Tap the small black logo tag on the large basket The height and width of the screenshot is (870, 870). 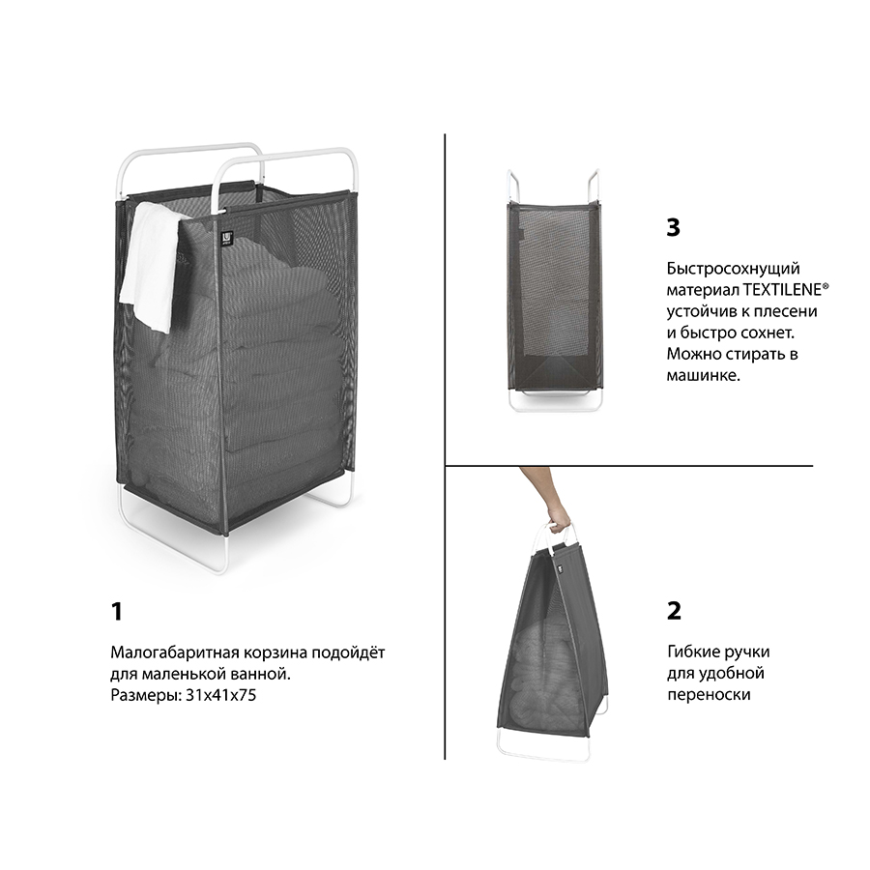[227, 238]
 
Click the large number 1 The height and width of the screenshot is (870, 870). [117, 612]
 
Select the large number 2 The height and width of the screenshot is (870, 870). [674, 611]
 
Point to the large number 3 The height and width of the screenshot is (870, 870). [673, 227]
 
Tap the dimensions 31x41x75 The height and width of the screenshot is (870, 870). [220, 695]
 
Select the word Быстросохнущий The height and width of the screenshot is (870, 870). [733, 269]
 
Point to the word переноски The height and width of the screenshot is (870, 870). [709, 695]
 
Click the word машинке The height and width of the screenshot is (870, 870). [704, 375]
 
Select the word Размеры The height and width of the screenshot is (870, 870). [146, 696]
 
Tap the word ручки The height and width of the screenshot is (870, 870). [749, 652]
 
